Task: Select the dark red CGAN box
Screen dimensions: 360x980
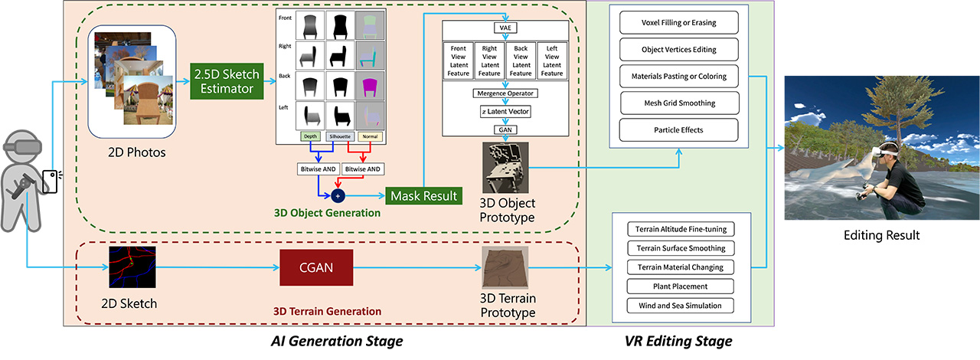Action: tap(315, 268)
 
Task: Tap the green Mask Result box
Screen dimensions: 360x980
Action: tap(423, 195)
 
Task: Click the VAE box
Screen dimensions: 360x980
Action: tap(505, 28)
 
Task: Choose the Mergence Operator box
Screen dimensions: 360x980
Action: tap(505, 93)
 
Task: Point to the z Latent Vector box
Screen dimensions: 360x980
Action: tap(505, 112)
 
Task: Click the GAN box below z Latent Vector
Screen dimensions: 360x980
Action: tap(505, 129)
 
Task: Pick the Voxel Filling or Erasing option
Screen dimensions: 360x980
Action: tap(678, 23)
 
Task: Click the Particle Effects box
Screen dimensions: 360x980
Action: tap(678, 129)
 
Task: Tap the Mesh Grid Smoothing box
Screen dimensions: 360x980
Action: tap(678, 103)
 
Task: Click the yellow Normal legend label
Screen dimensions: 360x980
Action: tap(366, 136)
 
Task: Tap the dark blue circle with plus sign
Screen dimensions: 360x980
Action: tap(338, 195)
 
